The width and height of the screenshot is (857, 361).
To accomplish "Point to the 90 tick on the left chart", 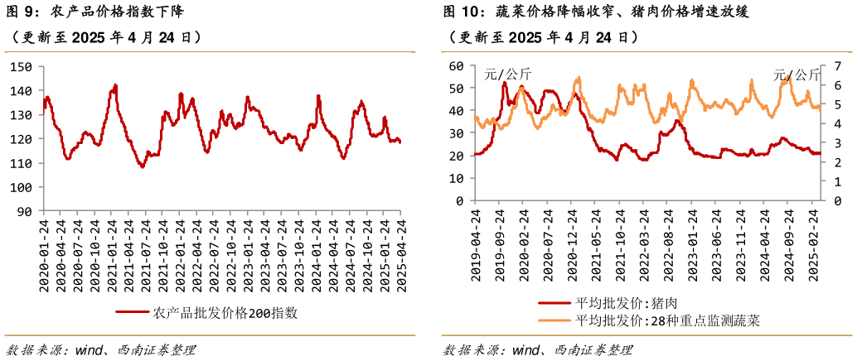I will pyautogui.click(x=24, y=211).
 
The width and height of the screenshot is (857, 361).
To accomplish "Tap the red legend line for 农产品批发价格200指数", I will pyautogui.click(x=133, y=313).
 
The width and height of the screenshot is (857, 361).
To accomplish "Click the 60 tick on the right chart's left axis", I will pyautogui.click(x=454, y=65).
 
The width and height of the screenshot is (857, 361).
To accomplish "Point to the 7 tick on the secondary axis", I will pyautogui.click(x=839, y=65).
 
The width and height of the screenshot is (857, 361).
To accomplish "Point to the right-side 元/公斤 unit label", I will pyautogui.click(x=796, y=75).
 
